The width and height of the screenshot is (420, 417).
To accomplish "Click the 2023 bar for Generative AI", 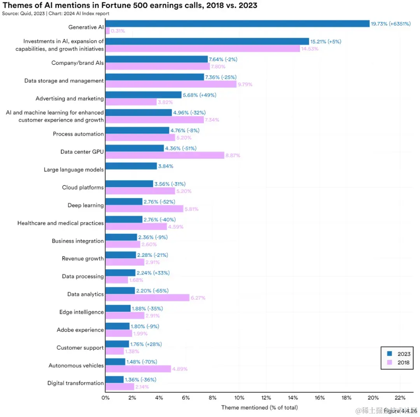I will click(237, 24).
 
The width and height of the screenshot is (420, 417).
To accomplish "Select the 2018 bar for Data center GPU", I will click(164, 155).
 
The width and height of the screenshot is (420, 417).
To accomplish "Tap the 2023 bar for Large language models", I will click(131, 166).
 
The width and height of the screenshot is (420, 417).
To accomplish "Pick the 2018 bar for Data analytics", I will click(147, 298).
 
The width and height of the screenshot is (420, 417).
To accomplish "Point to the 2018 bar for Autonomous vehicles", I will click(138, 369).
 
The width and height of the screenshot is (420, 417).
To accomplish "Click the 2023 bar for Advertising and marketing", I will click(143, 95).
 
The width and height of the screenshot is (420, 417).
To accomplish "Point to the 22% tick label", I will click(400, 398).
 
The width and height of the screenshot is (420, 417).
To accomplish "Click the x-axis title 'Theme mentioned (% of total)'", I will click(259, 407).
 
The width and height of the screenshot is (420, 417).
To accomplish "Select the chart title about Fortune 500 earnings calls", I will click(129, 5).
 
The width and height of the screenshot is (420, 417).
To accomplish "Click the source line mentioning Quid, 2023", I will click(55, 13).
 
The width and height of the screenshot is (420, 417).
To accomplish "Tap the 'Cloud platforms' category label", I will click(83, 187).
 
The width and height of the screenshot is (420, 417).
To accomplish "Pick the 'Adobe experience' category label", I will click(80, 330).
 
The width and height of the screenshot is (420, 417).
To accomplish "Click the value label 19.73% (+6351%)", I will click(390, 24).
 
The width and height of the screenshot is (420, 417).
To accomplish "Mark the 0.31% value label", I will click(118, 31).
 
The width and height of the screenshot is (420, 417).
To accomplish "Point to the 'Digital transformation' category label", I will click(75, 383).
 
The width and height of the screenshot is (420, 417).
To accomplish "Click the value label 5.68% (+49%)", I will click(199, 95).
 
